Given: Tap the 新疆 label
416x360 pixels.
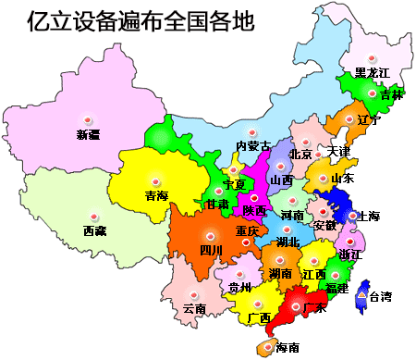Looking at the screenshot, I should [88, 135].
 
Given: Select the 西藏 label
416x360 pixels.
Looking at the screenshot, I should [94, 230].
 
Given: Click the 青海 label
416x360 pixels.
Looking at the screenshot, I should [156, 195].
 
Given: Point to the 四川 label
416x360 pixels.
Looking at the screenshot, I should [211, 250].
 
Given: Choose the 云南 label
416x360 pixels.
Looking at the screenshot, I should [195, 307].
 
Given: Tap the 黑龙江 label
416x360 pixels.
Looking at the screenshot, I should [373, 72].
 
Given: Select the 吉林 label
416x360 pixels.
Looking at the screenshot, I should [391, 94].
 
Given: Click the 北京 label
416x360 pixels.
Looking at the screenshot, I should [300, 154].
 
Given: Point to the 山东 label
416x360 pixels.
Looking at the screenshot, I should [342, 178].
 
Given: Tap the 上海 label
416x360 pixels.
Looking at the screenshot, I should [367, 217].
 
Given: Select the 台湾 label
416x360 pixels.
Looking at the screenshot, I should [380, 297].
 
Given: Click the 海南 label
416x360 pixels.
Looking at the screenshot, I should [288, 348].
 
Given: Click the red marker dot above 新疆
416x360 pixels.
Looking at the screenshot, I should [87, 120].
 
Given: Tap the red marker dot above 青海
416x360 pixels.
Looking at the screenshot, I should [155, 181].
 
